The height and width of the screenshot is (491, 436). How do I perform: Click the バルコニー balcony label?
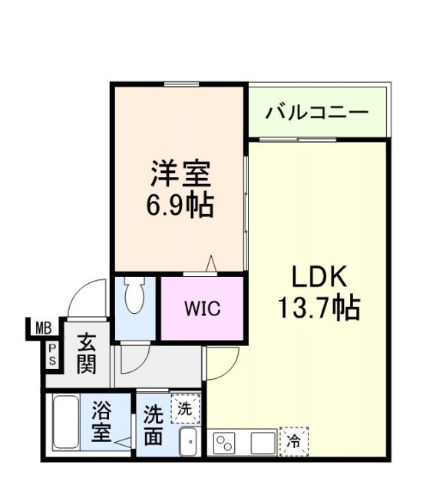317,114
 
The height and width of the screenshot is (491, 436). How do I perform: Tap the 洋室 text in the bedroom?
180,174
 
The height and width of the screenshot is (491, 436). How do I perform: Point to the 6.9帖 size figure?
180,205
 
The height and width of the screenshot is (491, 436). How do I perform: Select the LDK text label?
319,276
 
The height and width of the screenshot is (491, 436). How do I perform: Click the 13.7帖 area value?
319,308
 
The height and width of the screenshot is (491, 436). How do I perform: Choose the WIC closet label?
202,308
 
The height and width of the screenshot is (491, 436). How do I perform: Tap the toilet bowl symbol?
134,296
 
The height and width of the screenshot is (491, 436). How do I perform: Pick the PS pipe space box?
52,354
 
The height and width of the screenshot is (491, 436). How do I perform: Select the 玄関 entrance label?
86,352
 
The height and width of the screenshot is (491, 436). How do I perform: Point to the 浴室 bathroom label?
101,423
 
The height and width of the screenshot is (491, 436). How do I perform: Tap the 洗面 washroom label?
153,426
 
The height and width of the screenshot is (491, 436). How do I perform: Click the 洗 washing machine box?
185,408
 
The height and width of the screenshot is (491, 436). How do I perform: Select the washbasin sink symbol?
189,440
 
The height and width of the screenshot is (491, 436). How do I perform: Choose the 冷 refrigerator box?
293,441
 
